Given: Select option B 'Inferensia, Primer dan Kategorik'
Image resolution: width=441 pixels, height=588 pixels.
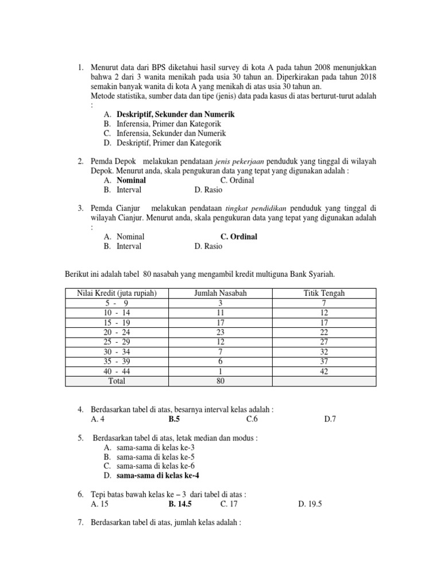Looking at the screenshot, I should pos(169,124).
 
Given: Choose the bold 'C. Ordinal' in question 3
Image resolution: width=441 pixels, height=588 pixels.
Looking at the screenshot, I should pos(238,237).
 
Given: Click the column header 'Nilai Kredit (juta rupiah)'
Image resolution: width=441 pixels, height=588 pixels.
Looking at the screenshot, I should pos(115,293).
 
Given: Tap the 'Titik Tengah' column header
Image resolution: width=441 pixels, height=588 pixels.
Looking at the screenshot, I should pos(324,293).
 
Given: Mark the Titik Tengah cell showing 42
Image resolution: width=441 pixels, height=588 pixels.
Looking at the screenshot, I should pos(324,371).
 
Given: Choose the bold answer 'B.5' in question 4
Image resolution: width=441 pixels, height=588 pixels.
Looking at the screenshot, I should pos(174,419).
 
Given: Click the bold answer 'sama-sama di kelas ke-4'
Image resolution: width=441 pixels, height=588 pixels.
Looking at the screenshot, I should pos(158,476).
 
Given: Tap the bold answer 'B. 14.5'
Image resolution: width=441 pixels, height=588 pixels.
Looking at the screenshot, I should pos(180,504).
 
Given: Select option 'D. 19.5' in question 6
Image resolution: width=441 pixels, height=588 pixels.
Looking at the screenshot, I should pos(311,504).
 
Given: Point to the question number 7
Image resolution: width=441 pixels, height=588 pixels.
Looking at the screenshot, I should pos(80,524).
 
